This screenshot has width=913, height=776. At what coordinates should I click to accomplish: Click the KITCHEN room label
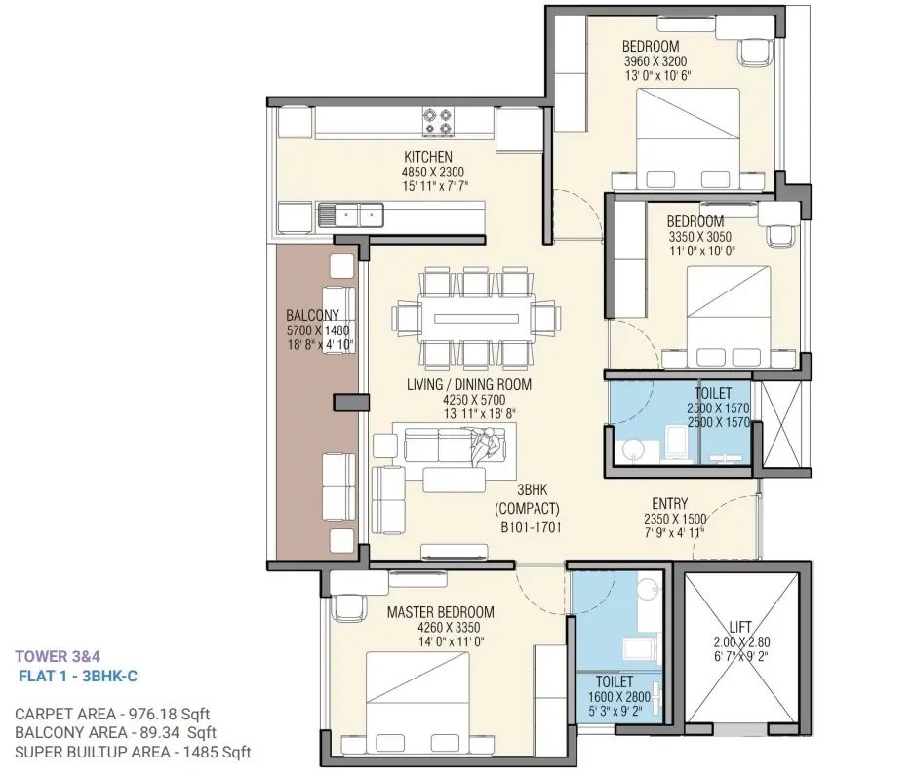428,157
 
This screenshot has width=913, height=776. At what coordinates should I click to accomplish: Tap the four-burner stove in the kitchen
437,122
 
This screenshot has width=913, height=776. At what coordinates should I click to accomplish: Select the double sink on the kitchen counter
350,215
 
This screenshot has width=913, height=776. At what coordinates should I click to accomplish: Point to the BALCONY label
312,315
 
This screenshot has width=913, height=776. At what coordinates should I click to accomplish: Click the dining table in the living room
476,319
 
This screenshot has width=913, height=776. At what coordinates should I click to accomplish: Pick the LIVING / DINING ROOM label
469,384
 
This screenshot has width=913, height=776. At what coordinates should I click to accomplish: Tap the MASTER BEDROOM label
440,612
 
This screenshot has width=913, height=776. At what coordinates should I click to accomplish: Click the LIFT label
740,627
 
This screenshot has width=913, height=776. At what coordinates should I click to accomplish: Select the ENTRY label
669,504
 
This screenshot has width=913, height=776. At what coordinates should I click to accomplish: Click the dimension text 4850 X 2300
433,172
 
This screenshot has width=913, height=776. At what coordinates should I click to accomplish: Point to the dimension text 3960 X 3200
655,61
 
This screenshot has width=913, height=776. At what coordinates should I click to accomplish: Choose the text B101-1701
531,527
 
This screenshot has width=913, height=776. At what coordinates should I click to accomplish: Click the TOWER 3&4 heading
58,657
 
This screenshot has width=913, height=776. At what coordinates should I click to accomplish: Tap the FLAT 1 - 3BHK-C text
78,676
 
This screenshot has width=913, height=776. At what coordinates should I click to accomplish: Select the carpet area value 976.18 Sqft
170,714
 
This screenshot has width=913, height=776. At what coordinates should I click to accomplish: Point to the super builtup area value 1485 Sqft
218,753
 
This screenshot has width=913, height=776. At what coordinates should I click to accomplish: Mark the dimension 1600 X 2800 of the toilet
619,696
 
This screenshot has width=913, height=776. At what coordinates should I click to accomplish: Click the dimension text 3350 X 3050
700,237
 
